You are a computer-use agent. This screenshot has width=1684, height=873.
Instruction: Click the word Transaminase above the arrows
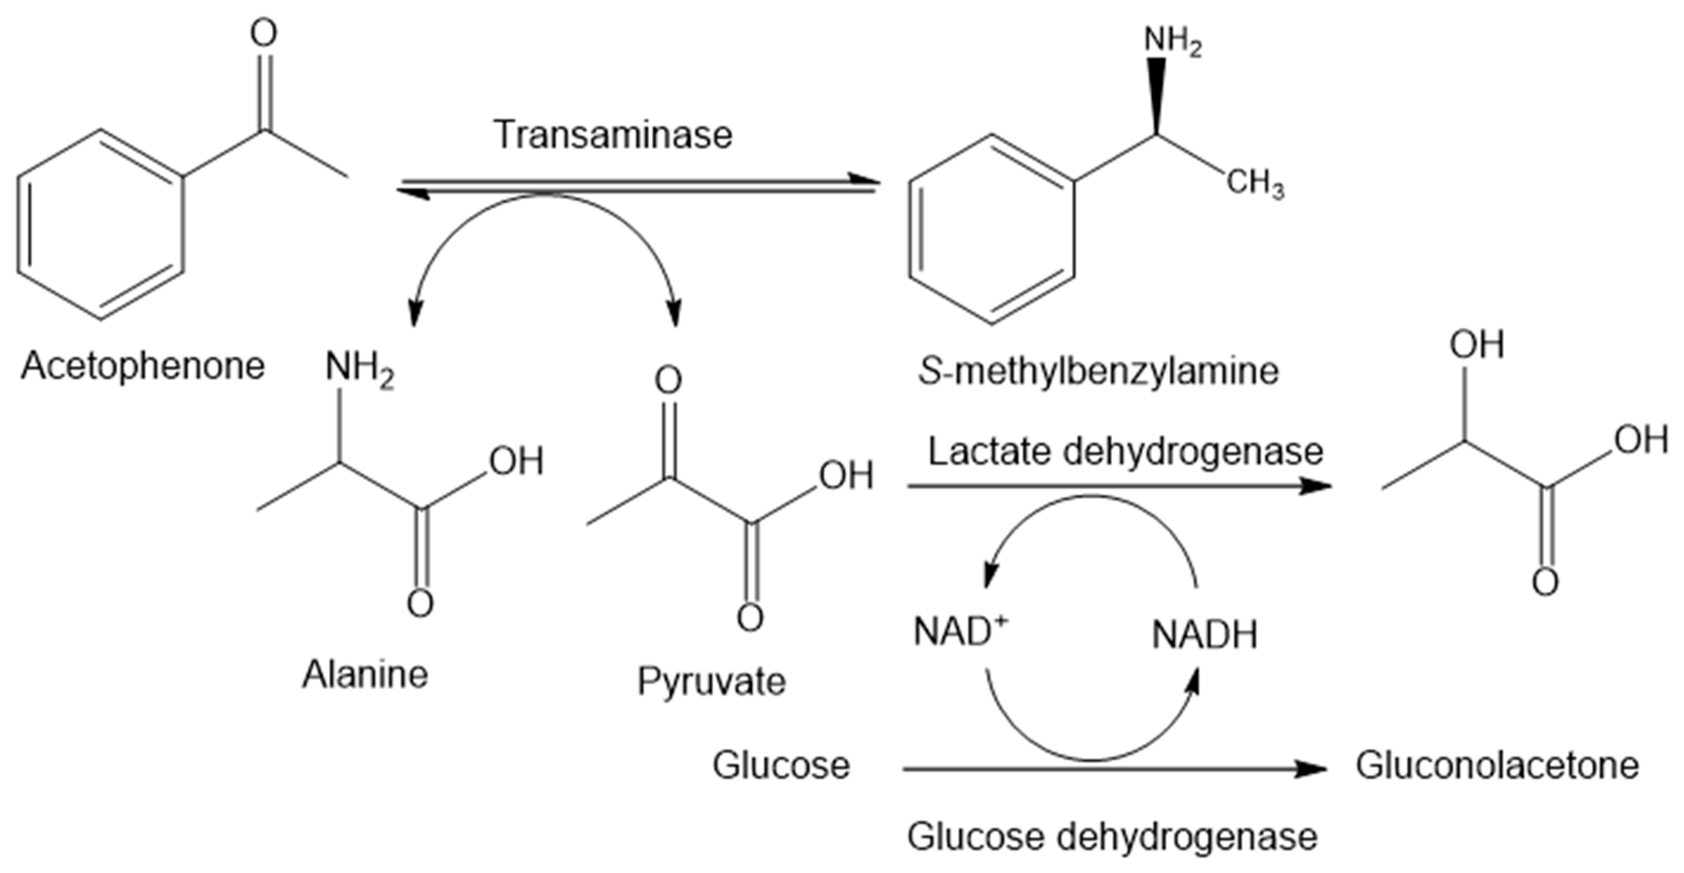coord(613,135)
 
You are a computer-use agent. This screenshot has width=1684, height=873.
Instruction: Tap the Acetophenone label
coord(142,366)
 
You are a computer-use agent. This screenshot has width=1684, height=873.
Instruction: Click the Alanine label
coord(365,674)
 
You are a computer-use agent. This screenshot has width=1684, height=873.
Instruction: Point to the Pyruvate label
coord(711,682)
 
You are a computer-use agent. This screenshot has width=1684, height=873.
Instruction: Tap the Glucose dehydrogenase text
coord(1111,836)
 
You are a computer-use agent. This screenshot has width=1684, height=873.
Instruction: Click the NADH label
coord(1204,634)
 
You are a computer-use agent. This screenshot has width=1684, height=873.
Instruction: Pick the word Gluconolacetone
coord(1497,765)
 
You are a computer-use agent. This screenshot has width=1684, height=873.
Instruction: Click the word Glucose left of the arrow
coord(781,765)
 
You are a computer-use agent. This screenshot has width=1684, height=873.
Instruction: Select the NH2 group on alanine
coord(359,368)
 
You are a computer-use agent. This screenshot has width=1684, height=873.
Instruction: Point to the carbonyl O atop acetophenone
coord(264,33)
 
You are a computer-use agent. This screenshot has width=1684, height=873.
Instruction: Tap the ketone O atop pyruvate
coord(668,380)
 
